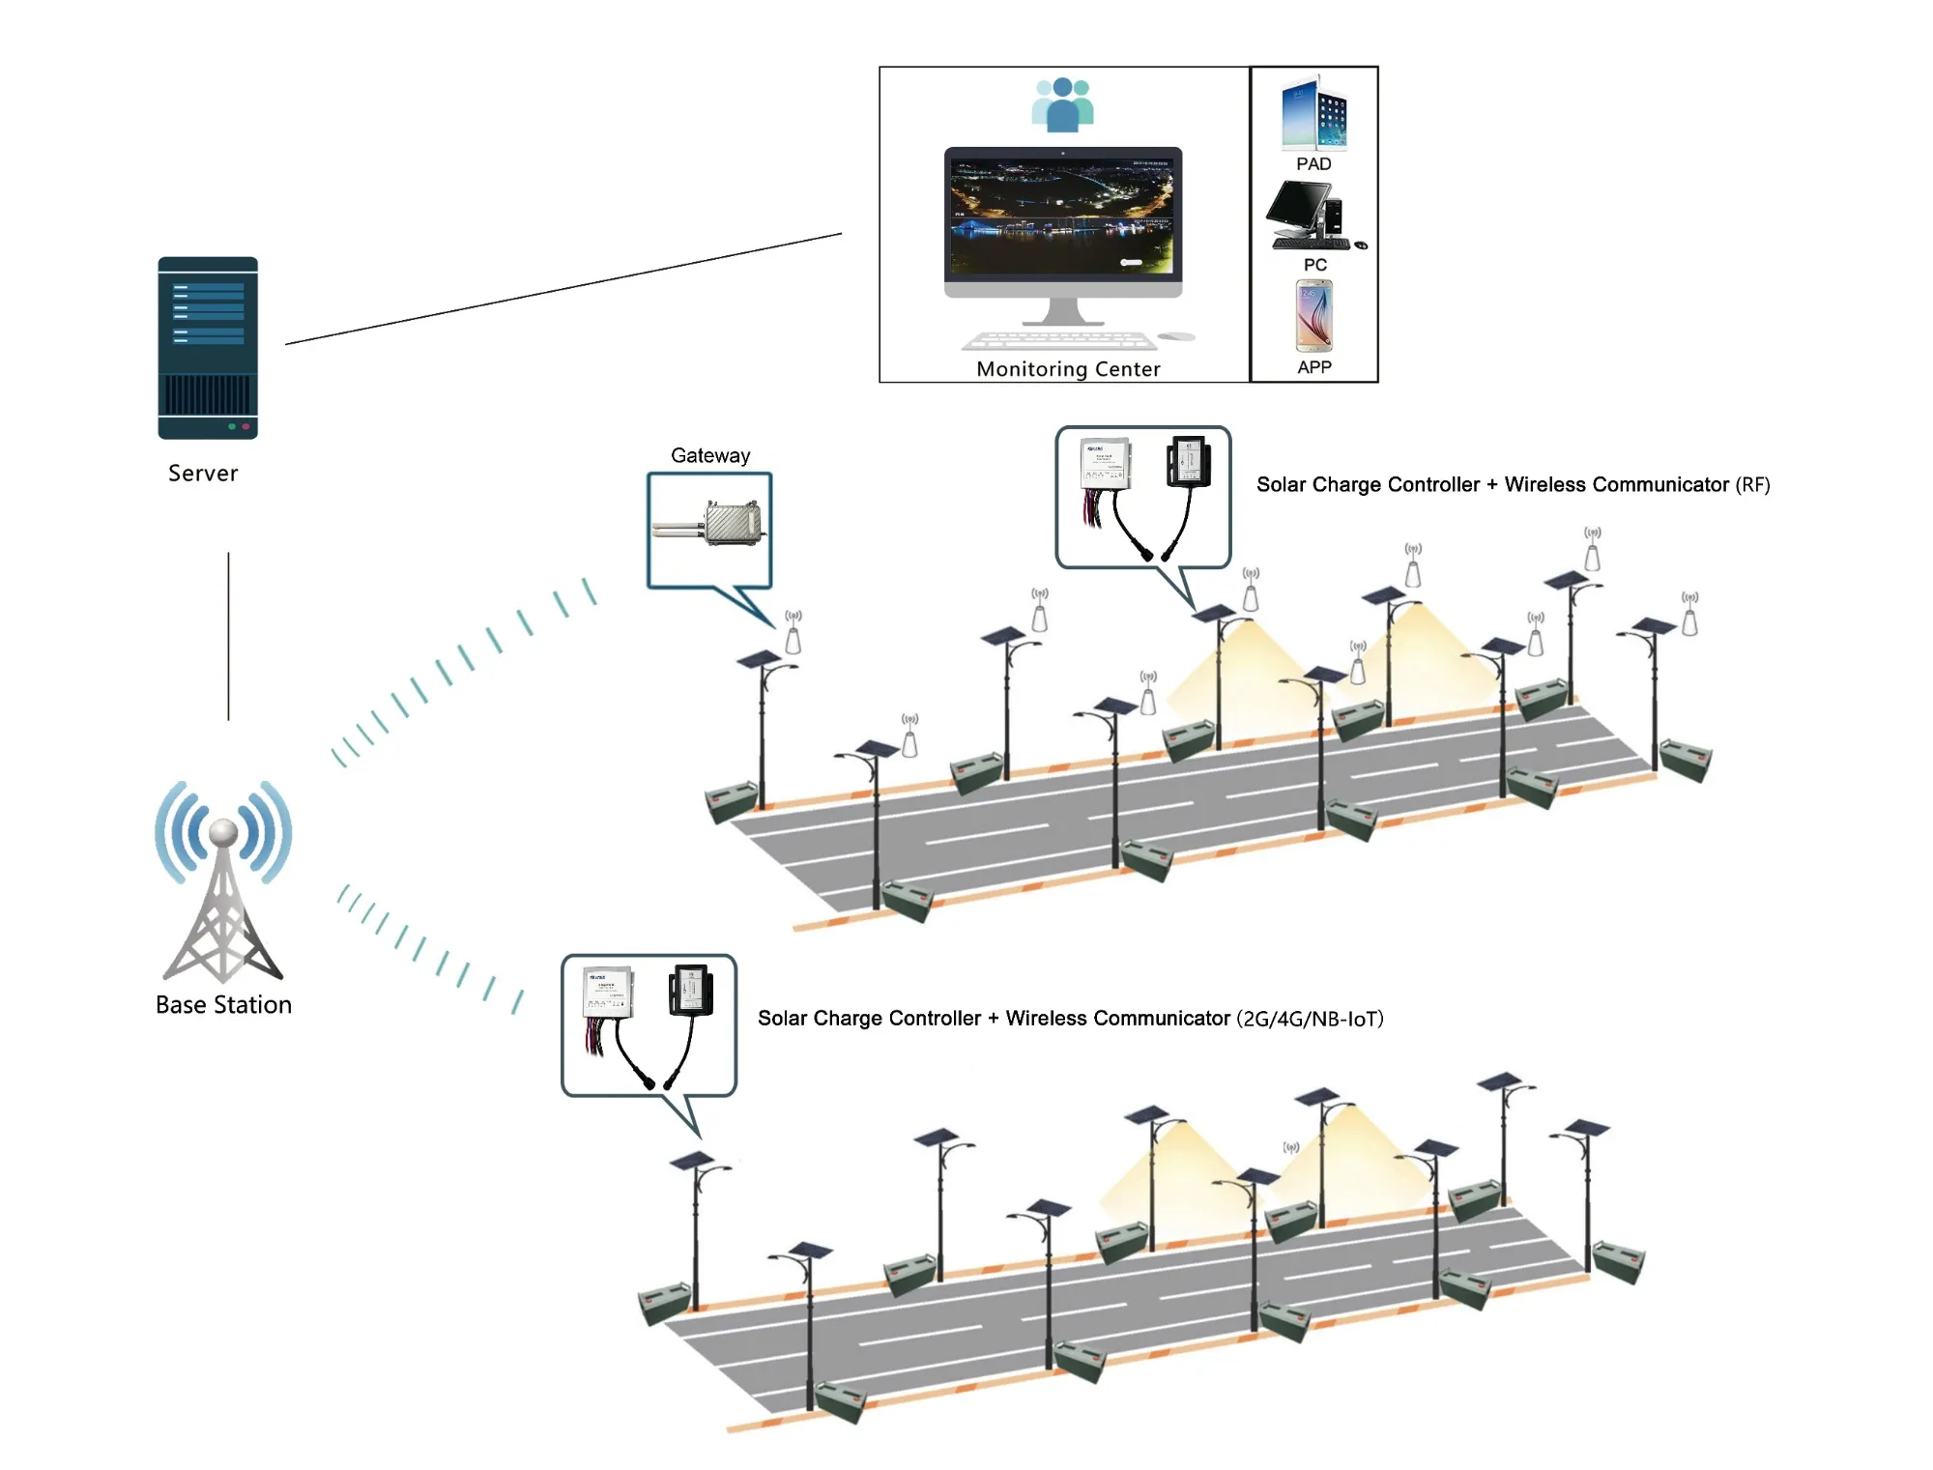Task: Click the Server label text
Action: pos(203,473)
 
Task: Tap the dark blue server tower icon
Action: pos(208,348)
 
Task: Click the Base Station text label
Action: pos(223,1005)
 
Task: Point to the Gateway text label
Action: pos(710,455)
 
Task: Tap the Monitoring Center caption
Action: pos(1068,369)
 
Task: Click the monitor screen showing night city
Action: pos(1063,215)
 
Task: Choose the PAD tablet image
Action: pos(1313,114)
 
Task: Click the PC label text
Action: pos(1314,265)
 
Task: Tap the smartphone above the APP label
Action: pos(1314,316)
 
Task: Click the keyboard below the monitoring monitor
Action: pos(1061,340)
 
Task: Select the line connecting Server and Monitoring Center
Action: pos(563,288)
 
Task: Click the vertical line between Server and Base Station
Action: pos(229,636)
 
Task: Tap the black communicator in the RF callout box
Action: pos(1189,461)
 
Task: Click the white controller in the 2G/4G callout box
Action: pos(609,994)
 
